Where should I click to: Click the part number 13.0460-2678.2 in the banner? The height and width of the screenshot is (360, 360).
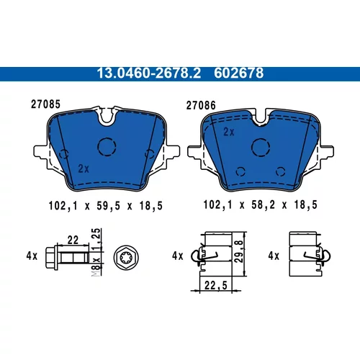click(149, 73)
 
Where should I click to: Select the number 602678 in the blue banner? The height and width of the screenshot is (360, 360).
click(239, 73)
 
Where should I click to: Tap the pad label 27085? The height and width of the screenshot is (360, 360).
click(45, 104)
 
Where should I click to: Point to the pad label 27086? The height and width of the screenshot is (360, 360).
click(201, 105)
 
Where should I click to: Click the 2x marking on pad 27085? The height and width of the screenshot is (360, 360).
click(84, 168)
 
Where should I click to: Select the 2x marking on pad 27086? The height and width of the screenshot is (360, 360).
click(229, 132)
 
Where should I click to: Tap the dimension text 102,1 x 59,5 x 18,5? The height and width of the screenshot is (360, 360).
click(106, 206)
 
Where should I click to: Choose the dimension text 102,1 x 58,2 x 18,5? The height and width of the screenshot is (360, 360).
click(261, 204)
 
